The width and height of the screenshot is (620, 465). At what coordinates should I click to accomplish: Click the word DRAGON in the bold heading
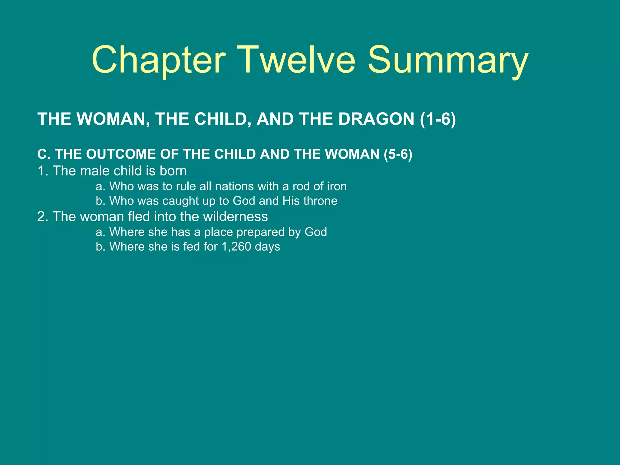click(376, 119)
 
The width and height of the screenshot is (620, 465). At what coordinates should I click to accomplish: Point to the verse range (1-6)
click(438, 119)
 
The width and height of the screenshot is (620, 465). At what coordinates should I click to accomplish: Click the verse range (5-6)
click(398, 154)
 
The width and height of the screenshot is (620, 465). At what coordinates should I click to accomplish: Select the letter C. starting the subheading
click(44, 154)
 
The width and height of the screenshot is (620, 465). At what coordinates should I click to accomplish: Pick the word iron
click(337, 186)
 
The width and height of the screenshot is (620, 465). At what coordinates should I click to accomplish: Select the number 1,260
click(236, 246)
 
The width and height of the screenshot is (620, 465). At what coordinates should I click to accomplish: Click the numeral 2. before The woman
click(43, 216)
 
